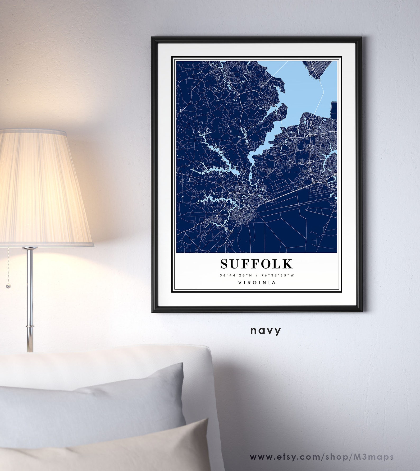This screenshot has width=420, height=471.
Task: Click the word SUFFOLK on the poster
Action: tap(257, 264)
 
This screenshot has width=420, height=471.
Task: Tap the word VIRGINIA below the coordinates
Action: tap(257, 283)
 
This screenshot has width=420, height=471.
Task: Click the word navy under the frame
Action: tap(266, 330)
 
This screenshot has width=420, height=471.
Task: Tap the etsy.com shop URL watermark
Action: tap(322, 449)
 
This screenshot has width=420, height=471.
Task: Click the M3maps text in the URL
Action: tap(377, 449)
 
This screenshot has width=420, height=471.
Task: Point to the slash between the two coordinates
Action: tap(257, 275)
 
